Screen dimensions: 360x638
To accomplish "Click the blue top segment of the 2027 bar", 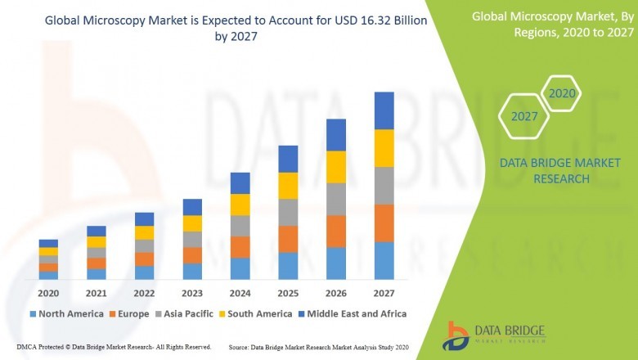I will tap(384, 110).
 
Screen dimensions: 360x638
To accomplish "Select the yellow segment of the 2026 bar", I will tap(335, 167).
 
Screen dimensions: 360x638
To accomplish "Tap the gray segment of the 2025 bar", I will tap(287, 212).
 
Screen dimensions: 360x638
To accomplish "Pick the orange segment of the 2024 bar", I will tap(240, 247).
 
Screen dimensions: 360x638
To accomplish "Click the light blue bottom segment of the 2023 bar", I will tap(192, 271).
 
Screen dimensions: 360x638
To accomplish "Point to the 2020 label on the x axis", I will tap(48, 293).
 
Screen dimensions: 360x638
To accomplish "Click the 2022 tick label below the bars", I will tap(144, 293).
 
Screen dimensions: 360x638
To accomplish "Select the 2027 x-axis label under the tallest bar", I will tap(384, 293).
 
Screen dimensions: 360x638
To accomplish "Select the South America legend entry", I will tap(255, 313).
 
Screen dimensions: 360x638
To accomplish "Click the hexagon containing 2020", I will tap(562, 94).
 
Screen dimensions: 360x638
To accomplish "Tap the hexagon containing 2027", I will tap(524, 116).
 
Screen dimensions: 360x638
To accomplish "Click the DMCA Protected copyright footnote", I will tap(114, 348).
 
